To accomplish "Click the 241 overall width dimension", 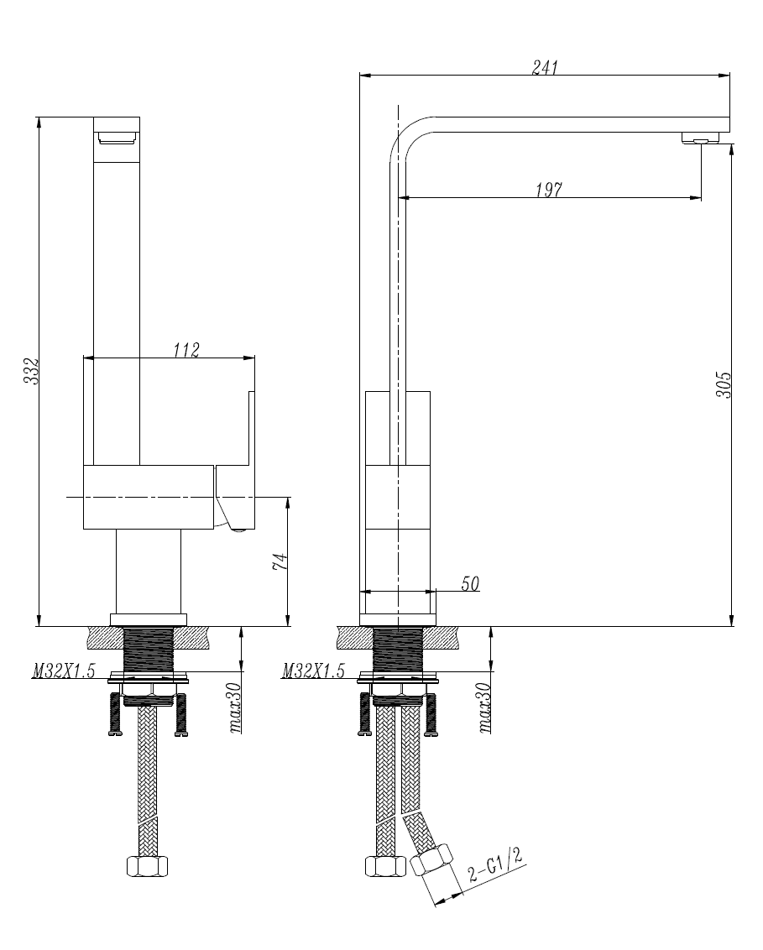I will tap(545, 68).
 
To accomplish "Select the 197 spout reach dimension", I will tap(549, 190).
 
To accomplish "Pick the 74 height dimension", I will tap(281, 561).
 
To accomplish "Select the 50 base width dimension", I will tap(470, 584).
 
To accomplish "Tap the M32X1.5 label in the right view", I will tap(313, 671).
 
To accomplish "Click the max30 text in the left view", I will tap(238, 708).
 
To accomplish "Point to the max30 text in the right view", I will tap(485, 708).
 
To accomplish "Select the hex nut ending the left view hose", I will tap(149, 866).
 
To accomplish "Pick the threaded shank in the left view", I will tap(149, 650).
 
